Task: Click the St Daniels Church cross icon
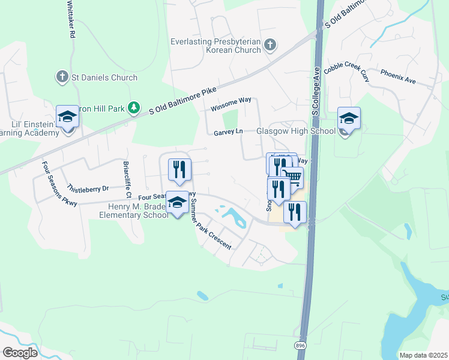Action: tap(61, 77)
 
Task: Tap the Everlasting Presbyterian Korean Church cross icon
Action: tap(270, 44)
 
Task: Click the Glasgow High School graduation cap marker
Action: tap(348, 118)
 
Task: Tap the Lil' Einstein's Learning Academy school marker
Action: tap(67, 116)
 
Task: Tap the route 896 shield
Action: tap(299, 346)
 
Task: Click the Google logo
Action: tap(20, 352)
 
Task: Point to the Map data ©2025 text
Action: tap(423, 355)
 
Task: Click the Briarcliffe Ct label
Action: tap(127, 179)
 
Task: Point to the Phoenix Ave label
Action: tap(398, 76)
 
